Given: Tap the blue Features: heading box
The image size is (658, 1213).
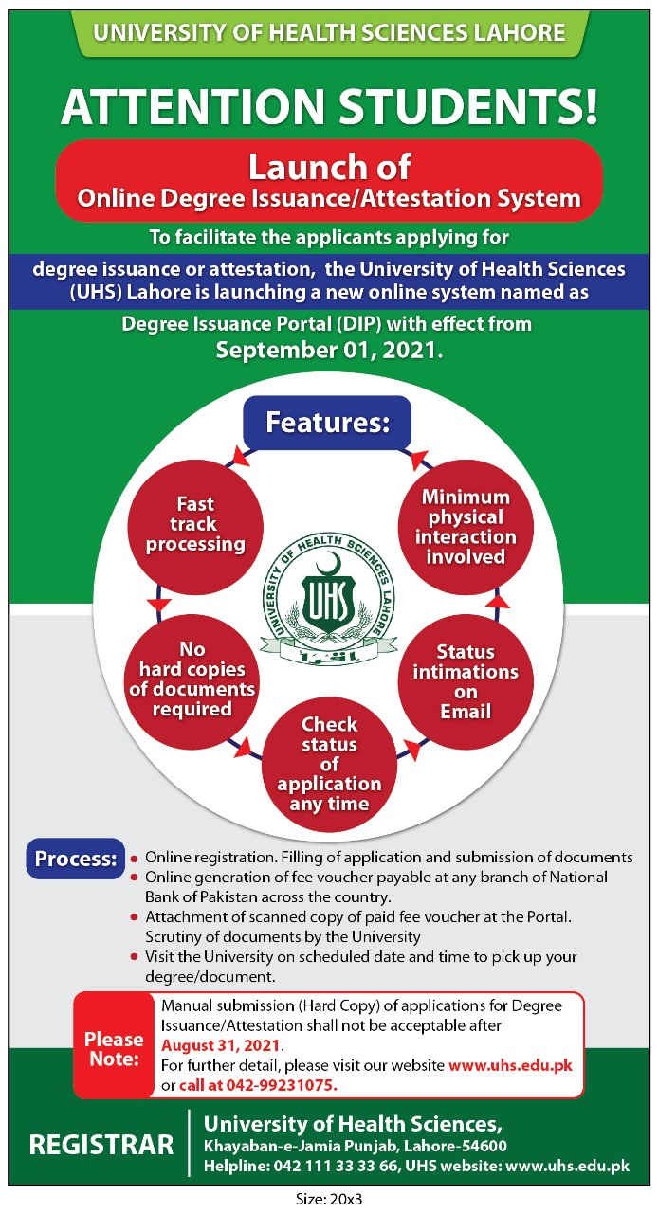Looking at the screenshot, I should [327, 422].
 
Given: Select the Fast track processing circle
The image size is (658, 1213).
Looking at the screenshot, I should [195, 524].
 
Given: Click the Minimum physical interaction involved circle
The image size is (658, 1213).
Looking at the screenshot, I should [466, 527].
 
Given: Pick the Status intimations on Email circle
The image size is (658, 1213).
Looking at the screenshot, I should [466, 680].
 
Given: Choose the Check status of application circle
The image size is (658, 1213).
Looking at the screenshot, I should [329, 764].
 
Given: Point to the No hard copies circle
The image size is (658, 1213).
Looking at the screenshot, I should [192, 679].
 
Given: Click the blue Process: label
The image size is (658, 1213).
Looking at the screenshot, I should [76, 860].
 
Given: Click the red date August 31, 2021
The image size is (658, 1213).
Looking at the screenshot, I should [221, 1045].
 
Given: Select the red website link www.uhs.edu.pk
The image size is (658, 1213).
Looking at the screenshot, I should [510, 1064].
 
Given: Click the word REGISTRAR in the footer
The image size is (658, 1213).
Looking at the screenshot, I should [101, 1145].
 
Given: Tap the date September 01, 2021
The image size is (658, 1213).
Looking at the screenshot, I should [329, 350].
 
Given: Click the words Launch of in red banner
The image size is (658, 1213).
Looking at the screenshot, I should [329, 168].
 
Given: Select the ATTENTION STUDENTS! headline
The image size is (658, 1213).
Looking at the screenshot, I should [329, 106].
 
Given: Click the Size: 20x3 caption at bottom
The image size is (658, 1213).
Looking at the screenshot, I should [329, 1199].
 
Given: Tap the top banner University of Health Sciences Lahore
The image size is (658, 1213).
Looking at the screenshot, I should [329, 33].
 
